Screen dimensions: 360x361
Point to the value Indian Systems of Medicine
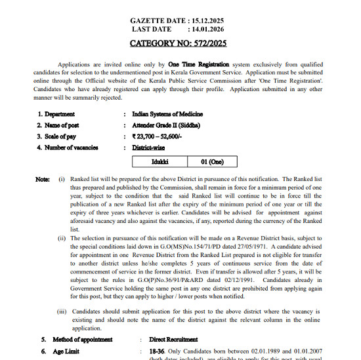coord(167,114)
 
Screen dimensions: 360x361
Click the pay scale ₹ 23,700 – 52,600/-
coord(157,136)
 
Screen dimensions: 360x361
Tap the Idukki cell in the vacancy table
coord(160,161)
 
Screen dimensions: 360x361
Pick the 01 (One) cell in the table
coord(207,161)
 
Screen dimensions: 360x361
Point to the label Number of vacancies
coord(72,148)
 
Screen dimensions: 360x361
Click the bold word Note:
coord(42,178)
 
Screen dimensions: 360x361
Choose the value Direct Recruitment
coord(174,340)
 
